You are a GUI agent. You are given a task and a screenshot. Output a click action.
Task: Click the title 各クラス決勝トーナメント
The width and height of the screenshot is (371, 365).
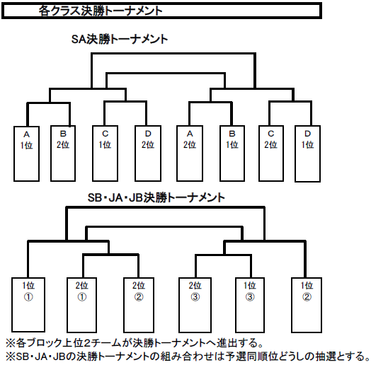coord(101,11)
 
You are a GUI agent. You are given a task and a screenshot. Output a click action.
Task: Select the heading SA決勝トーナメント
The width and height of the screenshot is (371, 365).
coord(120,39)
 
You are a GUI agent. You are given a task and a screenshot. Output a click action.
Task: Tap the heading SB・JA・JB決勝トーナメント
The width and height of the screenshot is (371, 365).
coord(156,197)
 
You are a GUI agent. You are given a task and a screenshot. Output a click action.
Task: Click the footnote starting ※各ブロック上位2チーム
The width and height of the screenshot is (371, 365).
coord(135,343)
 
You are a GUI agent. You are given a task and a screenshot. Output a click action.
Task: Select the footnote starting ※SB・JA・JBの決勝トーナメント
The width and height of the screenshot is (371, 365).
coord(188,357)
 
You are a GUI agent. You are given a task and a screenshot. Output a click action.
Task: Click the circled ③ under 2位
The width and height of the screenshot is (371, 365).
coord(195,296)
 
